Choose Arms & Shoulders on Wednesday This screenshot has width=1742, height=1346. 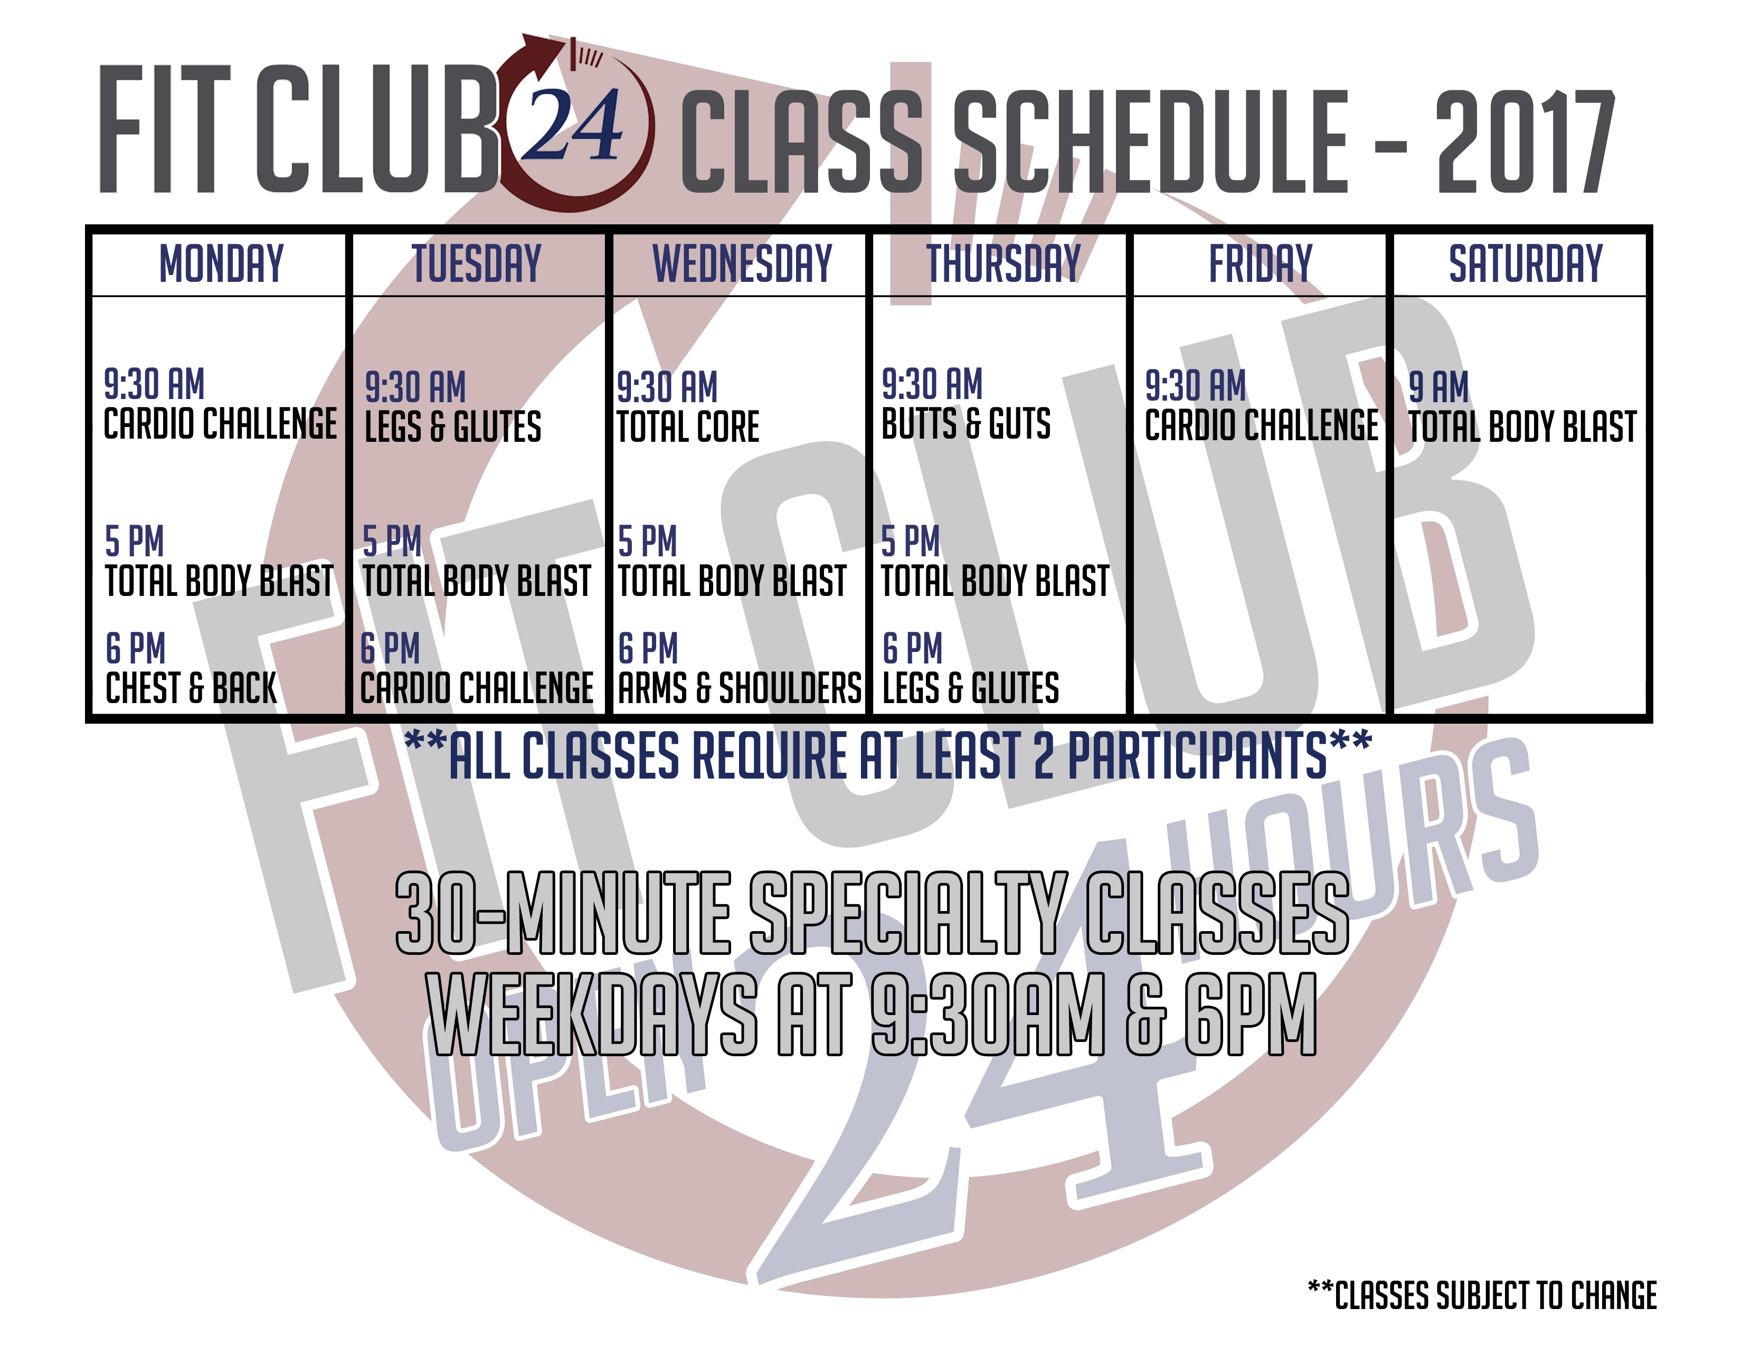coord(740,688)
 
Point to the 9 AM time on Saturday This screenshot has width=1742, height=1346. coord(1438,387)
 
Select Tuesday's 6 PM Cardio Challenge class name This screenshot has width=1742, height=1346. coord(476,688)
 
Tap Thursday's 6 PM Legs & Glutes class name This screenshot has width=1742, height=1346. coord(970,688)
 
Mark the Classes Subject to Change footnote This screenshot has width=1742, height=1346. coord(1482,1296)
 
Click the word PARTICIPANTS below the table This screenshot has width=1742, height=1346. coord(1196,755)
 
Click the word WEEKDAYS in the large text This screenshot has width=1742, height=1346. coord(592,1015)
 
